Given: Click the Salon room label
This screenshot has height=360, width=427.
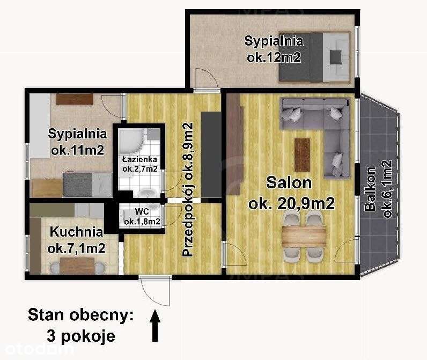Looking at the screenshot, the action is (289, 183).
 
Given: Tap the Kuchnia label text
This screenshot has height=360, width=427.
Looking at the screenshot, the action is (77, 232).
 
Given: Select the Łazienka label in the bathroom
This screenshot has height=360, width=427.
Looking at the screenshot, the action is (139, 159).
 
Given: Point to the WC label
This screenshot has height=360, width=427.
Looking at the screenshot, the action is (142, 211).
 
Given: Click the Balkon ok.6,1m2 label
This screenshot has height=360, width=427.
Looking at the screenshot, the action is (379, 189).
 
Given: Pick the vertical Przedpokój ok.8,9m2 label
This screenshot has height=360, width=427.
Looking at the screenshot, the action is (188, 189).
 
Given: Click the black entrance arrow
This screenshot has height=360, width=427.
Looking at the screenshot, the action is (155, 326).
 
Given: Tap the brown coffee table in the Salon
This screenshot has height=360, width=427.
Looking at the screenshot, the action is (302, 155).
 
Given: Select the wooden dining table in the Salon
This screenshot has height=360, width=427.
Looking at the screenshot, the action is (304, 237).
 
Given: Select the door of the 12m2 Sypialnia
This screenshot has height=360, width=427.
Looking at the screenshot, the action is (206, 79).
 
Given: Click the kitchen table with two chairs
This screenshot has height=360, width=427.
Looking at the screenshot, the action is (77, 266).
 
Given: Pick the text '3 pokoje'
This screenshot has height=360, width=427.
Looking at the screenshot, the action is (81, 336).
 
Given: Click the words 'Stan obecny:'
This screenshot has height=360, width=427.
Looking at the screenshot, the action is (81, 315).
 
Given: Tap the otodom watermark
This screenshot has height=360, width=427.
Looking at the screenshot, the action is (40, 349).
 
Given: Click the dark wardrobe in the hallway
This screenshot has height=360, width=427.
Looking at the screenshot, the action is (211, 155).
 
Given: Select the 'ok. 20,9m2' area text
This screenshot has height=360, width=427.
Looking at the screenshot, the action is (291, 204).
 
